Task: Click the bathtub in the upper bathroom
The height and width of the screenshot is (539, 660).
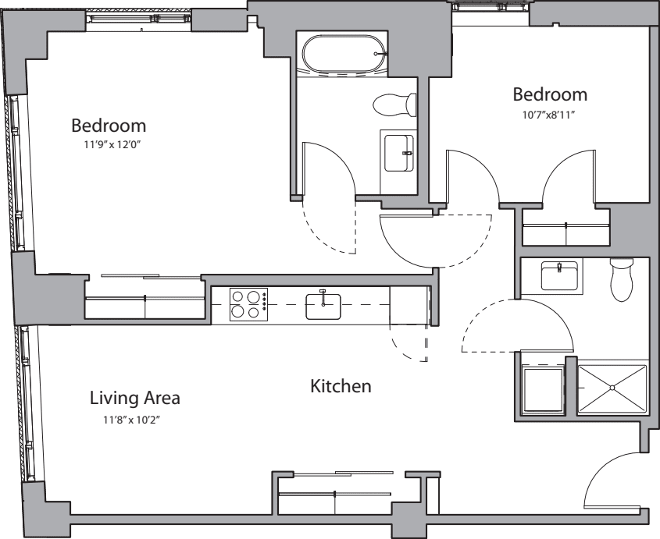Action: pos(344,53)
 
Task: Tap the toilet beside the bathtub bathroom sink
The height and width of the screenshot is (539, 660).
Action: pos(394,105)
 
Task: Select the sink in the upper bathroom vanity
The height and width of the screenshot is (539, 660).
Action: pos(399,153)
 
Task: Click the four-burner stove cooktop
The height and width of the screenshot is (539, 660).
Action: pos(248,304)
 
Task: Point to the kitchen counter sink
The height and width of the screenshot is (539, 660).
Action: pos(323,307)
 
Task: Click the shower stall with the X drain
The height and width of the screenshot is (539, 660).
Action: pos(612,387)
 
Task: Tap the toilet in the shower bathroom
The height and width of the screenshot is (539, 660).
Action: pos(622,279)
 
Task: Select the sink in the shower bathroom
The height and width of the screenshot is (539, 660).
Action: pos(559,276)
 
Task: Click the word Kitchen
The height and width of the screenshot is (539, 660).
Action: pos(341,386)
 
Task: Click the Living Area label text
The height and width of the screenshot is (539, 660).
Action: pos(134,398)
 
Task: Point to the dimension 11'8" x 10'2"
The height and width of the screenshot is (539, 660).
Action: pos(132,420)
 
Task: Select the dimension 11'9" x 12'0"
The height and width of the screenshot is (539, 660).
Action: pos(112,145)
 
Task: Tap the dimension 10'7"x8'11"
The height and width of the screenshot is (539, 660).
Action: pos(549,115)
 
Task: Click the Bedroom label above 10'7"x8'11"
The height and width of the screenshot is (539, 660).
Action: pos(550,94)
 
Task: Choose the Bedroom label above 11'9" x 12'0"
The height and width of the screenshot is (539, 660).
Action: pos(109,126)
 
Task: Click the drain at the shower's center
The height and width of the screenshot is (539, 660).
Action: pos(612,387)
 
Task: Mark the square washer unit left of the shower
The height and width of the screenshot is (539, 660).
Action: pos(542,390)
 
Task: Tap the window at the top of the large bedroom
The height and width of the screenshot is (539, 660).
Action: pos(138,19)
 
